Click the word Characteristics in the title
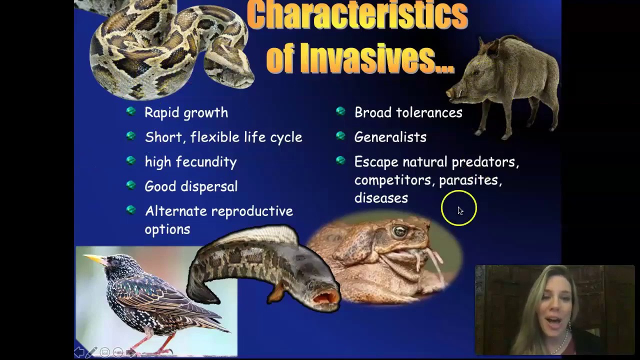click(357, 16)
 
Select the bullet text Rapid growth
click(186, 113)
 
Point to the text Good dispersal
click(191, 186)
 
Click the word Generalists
click(390, 137)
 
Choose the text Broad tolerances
click(408, 113)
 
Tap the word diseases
click(381, 198)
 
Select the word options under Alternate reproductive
click(167, 229)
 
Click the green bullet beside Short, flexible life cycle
click(131, 136)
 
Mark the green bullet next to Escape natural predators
click(341, 160)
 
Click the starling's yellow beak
click(94, 258)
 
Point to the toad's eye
click(399, 231)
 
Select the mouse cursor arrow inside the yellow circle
click(460, 210)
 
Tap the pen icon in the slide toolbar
click(92, 352)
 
